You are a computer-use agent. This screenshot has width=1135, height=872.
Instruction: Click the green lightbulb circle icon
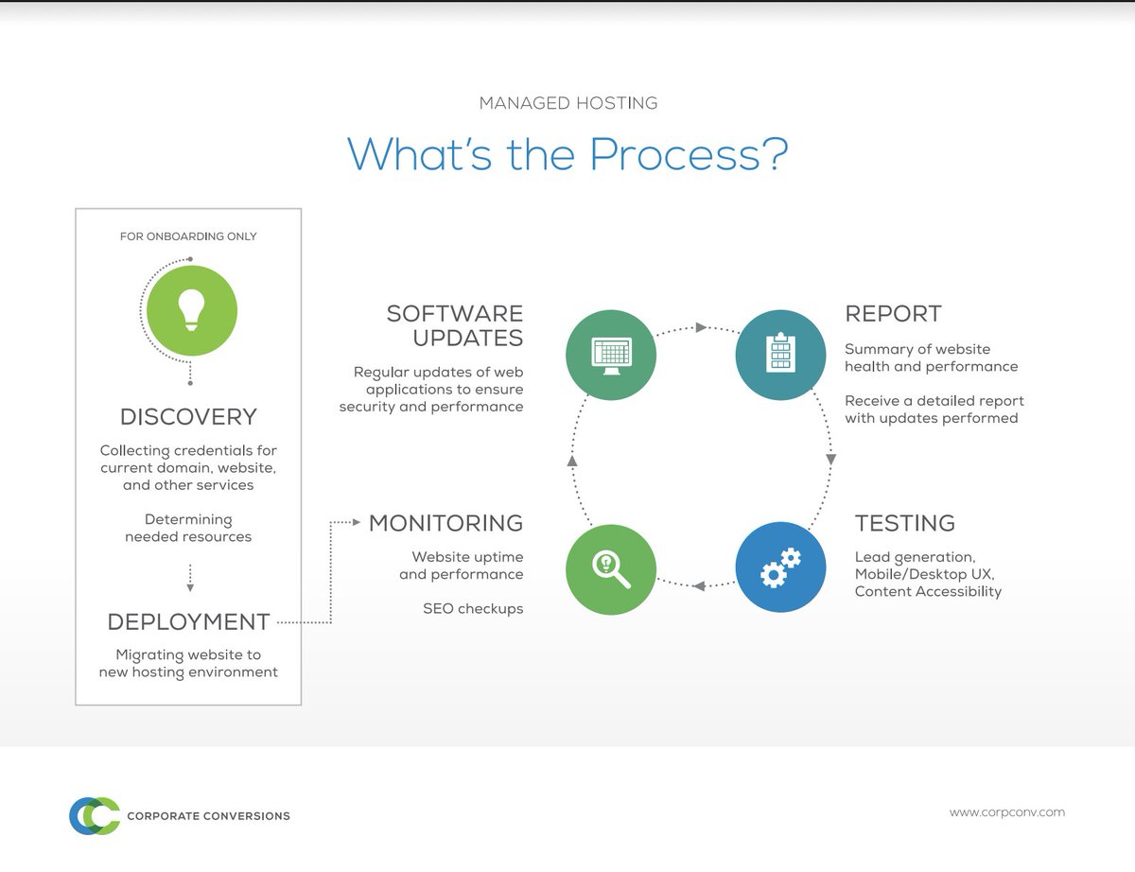pyautogui.click(x=192, y=310)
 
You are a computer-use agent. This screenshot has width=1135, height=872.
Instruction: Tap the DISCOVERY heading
pyautogui.click(x=188, y=417)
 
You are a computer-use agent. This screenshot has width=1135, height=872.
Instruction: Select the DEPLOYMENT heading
pyautogui.click(x=188, y=622)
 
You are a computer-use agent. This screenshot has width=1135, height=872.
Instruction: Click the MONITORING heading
pyautogui.click(x=445, y=523)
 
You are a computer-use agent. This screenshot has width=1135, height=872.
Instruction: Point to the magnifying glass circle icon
pyautogui.click(x=611, y=569)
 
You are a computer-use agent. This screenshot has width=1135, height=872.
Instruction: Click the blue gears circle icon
pyautogui.click(x=781, y=568)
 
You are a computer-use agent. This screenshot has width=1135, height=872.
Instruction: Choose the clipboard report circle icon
pyautogui.click(x=781, y=355)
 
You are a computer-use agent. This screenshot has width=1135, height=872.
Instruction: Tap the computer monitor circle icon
pyautogui.click(x=611, y=355)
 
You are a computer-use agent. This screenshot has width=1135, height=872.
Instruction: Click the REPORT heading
pyautogui.click(x=893, y=314)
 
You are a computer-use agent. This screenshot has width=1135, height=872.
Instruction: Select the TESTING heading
pyautogui.click(x=904, y=523)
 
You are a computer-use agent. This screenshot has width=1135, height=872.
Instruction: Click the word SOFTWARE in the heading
pyautogui.click(x=455, y=314)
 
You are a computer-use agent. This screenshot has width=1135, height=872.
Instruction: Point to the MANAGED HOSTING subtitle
pyautogui.click(x=567, y=103)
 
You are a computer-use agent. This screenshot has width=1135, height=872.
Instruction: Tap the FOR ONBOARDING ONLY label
pyautogui.click(x=188, y=236)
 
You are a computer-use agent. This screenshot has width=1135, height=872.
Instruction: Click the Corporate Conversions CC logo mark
pyautogui.click(x=95, y=815)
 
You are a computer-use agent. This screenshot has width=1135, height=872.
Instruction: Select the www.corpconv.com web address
pyautogui.click(x=1006, y=811)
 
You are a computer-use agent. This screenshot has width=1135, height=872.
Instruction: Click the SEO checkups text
pyautogui.click(x=473, y=609)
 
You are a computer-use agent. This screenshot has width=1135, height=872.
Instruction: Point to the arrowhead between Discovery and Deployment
pyautogui.click(x=190, y=587)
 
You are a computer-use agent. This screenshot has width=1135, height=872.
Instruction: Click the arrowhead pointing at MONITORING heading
pyautogui.click(x=356, y=522)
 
